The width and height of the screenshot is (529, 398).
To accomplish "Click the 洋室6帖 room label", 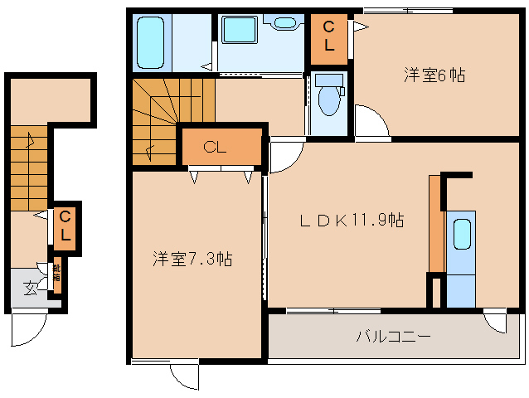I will click(x=434, y=75).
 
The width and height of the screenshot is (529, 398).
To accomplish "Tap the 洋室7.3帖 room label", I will click(x=192, y=258).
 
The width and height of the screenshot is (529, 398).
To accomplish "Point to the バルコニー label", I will click(x=393, y=337).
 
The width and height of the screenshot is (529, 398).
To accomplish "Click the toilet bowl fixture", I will click(x=330, y=100).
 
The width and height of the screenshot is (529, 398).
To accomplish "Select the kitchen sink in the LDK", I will click(x=462, y=234).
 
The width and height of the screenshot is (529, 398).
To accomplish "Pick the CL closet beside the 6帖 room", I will click(x=329, y=39).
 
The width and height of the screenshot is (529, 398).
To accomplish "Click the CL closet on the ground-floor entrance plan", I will click(x=66, y=226).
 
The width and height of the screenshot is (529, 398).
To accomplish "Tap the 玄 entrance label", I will click(x=30, y=288).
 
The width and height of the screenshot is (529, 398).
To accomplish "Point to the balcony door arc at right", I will click(x=498, y=321).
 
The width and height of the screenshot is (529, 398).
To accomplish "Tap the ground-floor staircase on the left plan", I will click(x=30, y=170).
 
